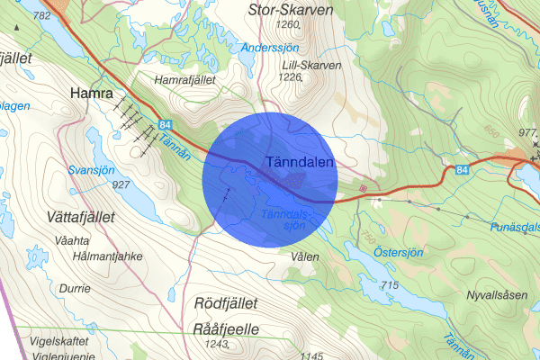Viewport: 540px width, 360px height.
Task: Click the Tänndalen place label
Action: click(x=301, y=162)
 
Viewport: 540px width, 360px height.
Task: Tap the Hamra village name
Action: click(x=90, y=93)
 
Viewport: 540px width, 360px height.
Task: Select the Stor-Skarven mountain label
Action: click(x=289, y=10)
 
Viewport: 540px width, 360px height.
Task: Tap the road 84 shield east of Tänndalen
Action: click(x=462, y=168)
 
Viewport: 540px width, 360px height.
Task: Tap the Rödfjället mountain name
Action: click(x=226, y=303)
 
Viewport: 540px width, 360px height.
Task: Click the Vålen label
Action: click(x=305, y=256)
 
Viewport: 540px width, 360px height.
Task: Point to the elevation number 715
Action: click(x=389, y=285)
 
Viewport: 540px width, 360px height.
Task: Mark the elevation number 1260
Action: click(x=289, y=25)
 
